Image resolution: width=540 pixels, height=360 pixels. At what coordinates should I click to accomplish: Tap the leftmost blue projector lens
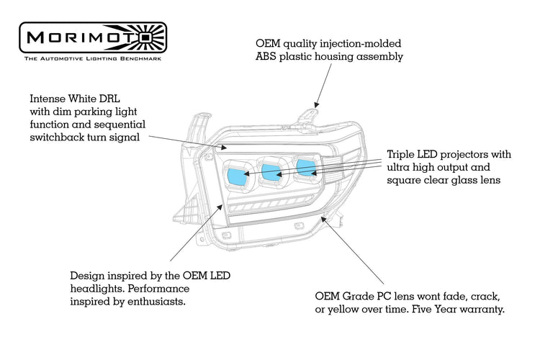click(235, 174)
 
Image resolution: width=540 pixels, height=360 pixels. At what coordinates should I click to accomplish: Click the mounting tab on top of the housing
click(310, 114)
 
